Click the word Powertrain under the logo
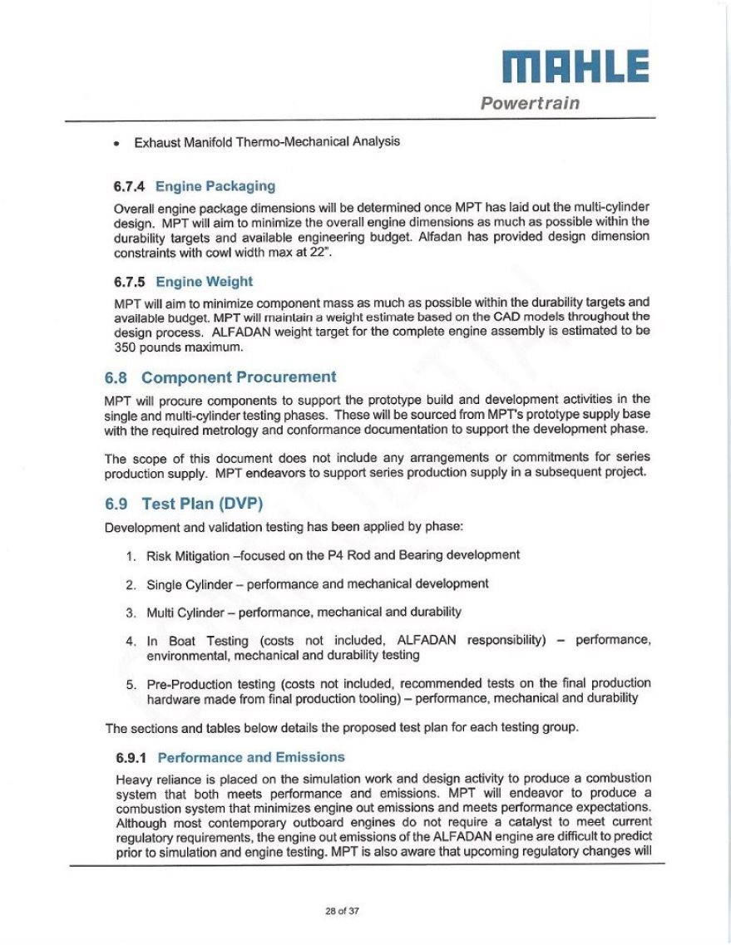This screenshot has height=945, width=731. point(530,104)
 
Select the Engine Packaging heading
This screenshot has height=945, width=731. point(215,185)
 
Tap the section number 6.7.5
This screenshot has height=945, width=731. point(130,282)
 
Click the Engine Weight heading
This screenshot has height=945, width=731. point(204,282)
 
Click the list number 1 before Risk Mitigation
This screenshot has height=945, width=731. point(131,555)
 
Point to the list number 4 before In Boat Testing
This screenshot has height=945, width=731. point(131,642)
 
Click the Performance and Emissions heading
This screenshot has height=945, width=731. point(250,757)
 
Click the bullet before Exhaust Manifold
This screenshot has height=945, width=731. point(118,142)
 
